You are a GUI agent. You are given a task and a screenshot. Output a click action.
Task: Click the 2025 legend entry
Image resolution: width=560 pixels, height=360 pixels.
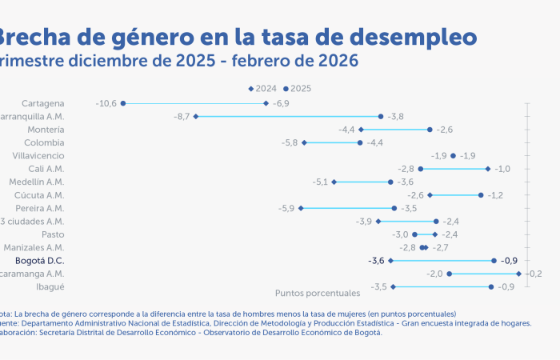click(298, 89)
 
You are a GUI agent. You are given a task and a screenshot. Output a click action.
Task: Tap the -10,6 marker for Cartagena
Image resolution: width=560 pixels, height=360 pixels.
click(123, 103)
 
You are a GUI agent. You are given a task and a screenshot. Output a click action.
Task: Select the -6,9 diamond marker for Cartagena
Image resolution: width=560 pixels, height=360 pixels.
click(266, 103)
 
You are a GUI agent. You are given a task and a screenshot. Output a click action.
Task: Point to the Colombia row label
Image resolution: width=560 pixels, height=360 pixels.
click(45, 142)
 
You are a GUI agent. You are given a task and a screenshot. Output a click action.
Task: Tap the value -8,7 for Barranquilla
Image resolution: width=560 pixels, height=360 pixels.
click(182, 117)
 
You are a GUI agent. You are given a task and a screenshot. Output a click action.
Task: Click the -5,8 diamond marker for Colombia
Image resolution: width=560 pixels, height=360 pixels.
click(304, 142)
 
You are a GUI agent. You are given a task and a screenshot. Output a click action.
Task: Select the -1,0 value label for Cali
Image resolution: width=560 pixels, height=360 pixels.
click(502, 169)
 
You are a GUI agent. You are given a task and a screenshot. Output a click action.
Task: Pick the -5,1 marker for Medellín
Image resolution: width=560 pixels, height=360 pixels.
click(334, 182)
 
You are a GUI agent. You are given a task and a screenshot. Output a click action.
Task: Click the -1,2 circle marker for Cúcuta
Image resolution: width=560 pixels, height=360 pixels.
click(481, 195)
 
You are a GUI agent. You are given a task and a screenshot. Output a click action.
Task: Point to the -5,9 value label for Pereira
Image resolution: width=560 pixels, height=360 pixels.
click(286, 208)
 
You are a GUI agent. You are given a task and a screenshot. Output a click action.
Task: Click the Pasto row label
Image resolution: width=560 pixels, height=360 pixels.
click(54, 234)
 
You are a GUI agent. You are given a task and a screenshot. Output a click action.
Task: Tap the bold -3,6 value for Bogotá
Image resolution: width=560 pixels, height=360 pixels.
click(376, 261)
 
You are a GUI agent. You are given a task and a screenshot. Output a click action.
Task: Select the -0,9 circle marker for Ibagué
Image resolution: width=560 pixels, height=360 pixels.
click(491, 286)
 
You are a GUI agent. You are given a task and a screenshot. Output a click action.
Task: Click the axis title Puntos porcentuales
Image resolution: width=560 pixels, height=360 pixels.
click(318, 294)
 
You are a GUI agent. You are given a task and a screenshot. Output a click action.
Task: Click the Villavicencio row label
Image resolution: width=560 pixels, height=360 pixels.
click(39, 156)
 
